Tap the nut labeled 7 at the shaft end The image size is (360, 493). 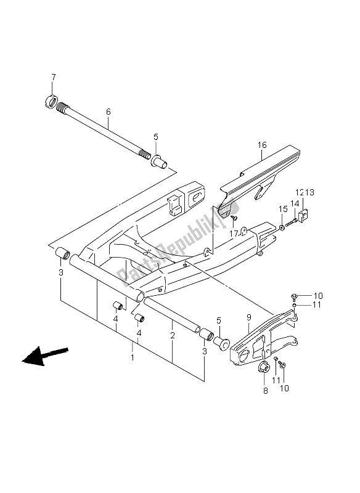51,102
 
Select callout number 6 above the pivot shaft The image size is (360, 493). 108,112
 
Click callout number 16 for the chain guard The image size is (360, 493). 262,145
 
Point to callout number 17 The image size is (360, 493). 234,234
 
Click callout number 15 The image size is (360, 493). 284,209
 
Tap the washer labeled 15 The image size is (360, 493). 282,227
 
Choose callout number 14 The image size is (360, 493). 295,204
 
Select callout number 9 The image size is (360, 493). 248,317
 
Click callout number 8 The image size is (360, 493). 265,391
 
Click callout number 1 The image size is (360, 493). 133,357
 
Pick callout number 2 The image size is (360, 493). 173,335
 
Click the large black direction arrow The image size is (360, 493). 45,356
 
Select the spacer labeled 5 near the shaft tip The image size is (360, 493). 160,162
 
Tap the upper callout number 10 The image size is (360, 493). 318,296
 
